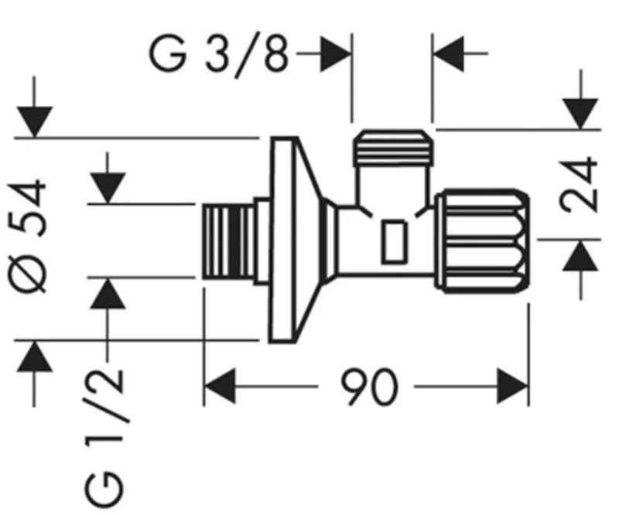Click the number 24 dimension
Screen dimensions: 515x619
click(581, 184)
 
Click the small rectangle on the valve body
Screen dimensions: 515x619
click(395, 241)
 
